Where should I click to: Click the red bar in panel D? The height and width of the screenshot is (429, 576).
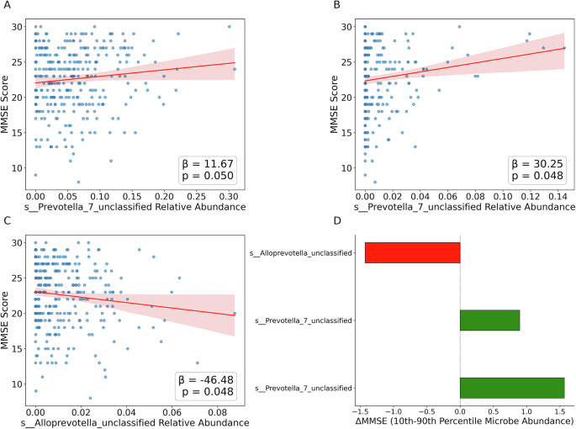tap(412, 252)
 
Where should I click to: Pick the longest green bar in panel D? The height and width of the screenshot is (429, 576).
tap(511, 388)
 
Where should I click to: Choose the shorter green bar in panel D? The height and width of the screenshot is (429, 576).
tap(489, 320)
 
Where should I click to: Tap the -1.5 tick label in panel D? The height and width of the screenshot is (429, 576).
tap(362, 412)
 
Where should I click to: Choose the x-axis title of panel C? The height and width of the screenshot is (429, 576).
tap(134, 422)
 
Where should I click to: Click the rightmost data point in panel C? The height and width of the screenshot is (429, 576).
tap(235, 313)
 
